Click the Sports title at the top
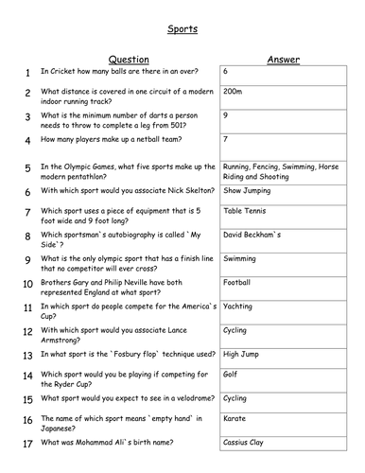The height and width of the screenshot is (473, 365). click(183, 29)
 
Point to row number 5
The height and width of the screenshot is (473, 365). click(29, 168)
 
